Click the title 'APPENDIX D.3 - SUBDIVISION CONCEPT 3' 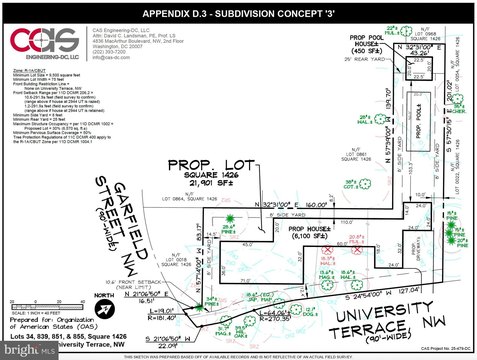[238, 13]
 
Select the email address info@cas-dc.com [109, 58]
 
